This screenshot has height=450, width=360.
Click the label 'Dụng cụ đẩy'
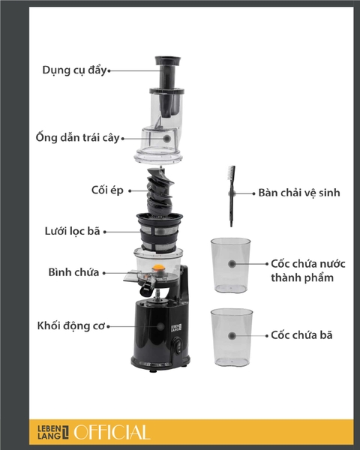pyautogui.click(x=74, y=70)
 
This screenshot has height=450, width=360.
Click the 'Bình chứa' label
pyautogui.click(x=73, y=272)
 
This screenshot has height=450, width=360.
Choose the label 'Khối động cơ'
pyautogui.click(x=69, y=326)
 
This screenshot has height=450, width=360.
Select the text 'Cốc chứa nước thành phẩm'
pyautogui.click(x=302, y=271)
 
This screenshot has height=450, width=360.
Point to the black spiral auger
pyautogui.click(x=159, y=191)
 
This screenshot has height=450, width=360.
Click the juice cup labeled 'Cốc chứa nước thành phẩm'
pyautogui.click(x=230, y=265)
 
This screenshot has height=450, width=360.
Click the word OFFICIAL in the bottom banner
pyautogui.click(x=112, y=432)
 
